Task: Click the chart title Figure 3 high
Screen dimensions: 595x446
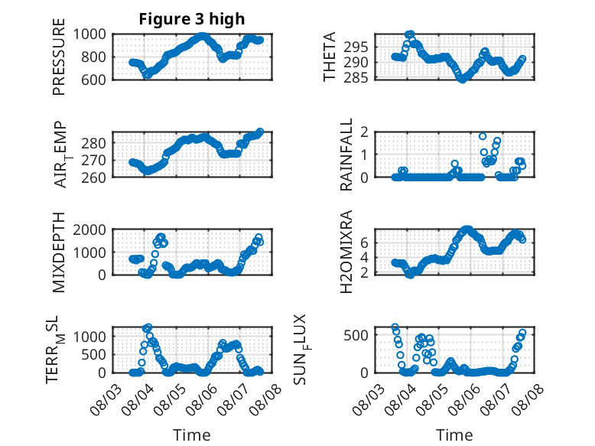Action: [192, 19]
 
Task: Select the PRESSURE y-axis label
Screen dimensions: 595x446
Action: [59, 57]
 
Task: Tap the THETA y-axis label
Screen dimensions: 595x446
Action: [330, 57]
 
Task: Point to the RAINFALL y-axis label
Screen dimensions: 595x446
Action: [346, 155]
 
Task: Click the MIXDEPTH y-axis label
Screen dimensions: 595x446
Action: [59, 252]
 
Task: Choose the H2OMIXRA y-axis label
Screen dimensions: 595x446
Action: [346, 252]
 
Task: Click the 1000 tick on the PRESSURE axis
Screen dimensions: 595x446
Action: [89, 34]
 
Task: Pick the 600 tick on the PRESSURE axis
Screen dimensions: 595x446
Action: [93, 80]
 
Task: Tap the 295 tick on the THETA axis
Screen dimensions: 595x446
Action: [356, 47]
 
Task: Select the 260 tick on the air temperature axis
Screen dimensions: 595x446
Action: [93, 177]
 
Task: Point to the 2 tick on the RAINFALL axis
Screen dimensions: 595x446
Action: [365, 132]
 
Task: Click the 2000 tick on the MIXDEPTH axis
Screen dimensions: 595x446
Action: [89, 230]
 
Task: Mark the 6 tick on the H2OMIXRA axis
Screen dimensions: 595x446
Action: [365, 243]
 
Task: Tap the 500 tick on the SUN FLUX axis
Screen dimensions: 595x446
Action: [356, 336]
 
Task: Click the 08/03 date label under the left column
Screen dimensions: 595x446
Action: [106, 399]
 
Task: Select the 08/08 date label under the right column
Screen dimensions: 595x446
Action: [527, 399]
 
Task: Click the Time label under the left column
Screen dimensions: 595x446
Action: [192, 435]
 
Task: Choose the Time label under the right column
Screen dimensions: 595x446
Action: [454, 435]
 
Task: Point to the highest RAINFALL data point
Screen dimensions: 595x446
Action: [483, 136]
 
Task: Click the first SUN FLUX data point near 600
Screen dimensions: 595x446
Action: [395, 327]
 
